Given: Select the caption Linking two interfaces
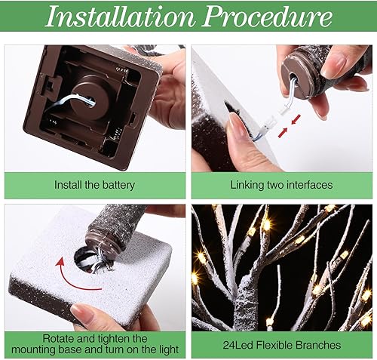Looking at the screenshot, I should [282, 184].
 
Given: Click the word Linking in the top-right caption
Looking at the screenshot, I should [248, 184].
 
